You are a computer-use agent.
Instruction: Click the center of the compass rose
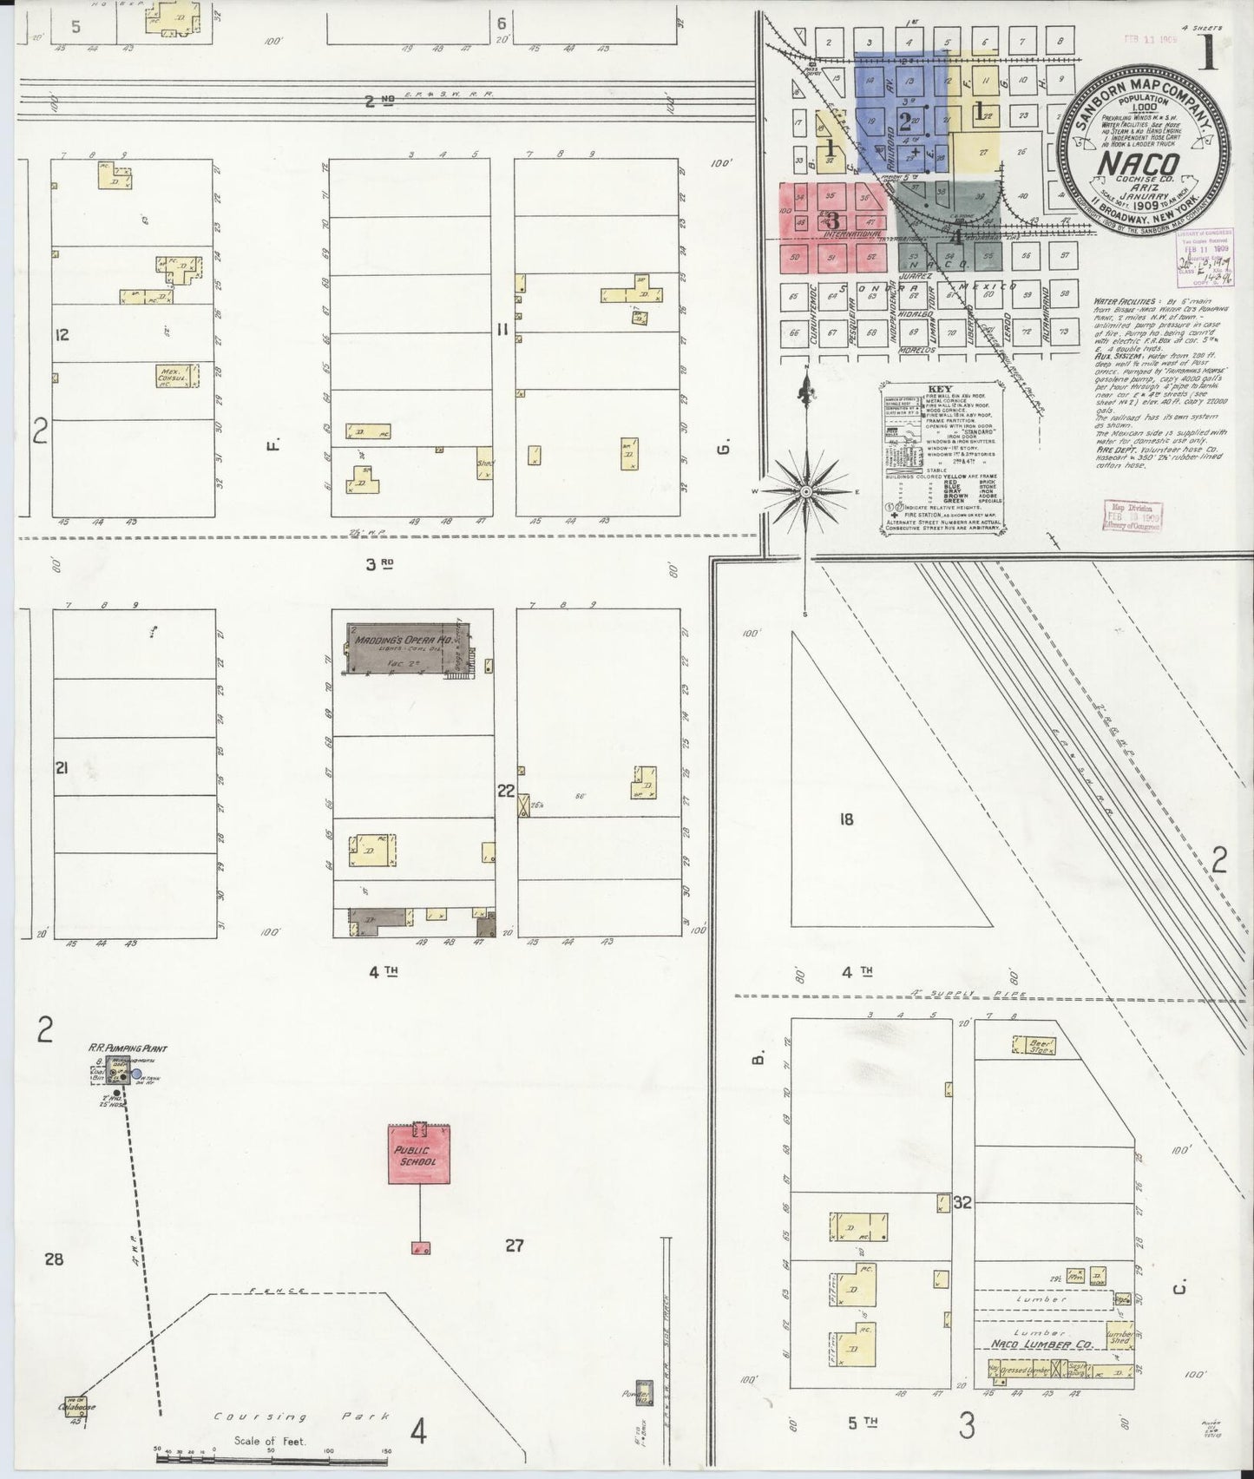tap(806, 492)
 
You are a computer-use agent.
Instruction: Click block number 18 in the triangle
tap(846, 818)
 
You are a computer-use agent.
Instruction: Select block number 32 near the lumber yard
tap(961, 1202)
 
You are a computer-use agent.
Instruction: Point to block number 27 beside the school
tap(515, 1246)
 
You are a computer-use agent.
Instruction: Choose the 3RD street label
tap(380, 564)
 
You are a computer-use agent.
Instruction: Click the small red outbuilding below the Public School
tap(421, 1248)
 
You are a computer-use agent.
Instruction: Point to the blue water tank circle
tap(136, 1075)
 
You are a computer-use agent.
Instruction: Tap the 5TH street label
tap(863, 1423)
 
